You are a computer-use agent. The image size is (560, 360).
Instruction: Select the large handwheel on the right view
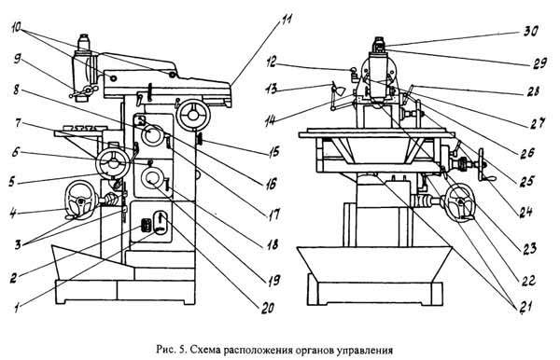[459, 201]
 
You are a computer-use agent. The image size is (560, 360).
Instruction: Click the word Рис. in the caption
[169, 351]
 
